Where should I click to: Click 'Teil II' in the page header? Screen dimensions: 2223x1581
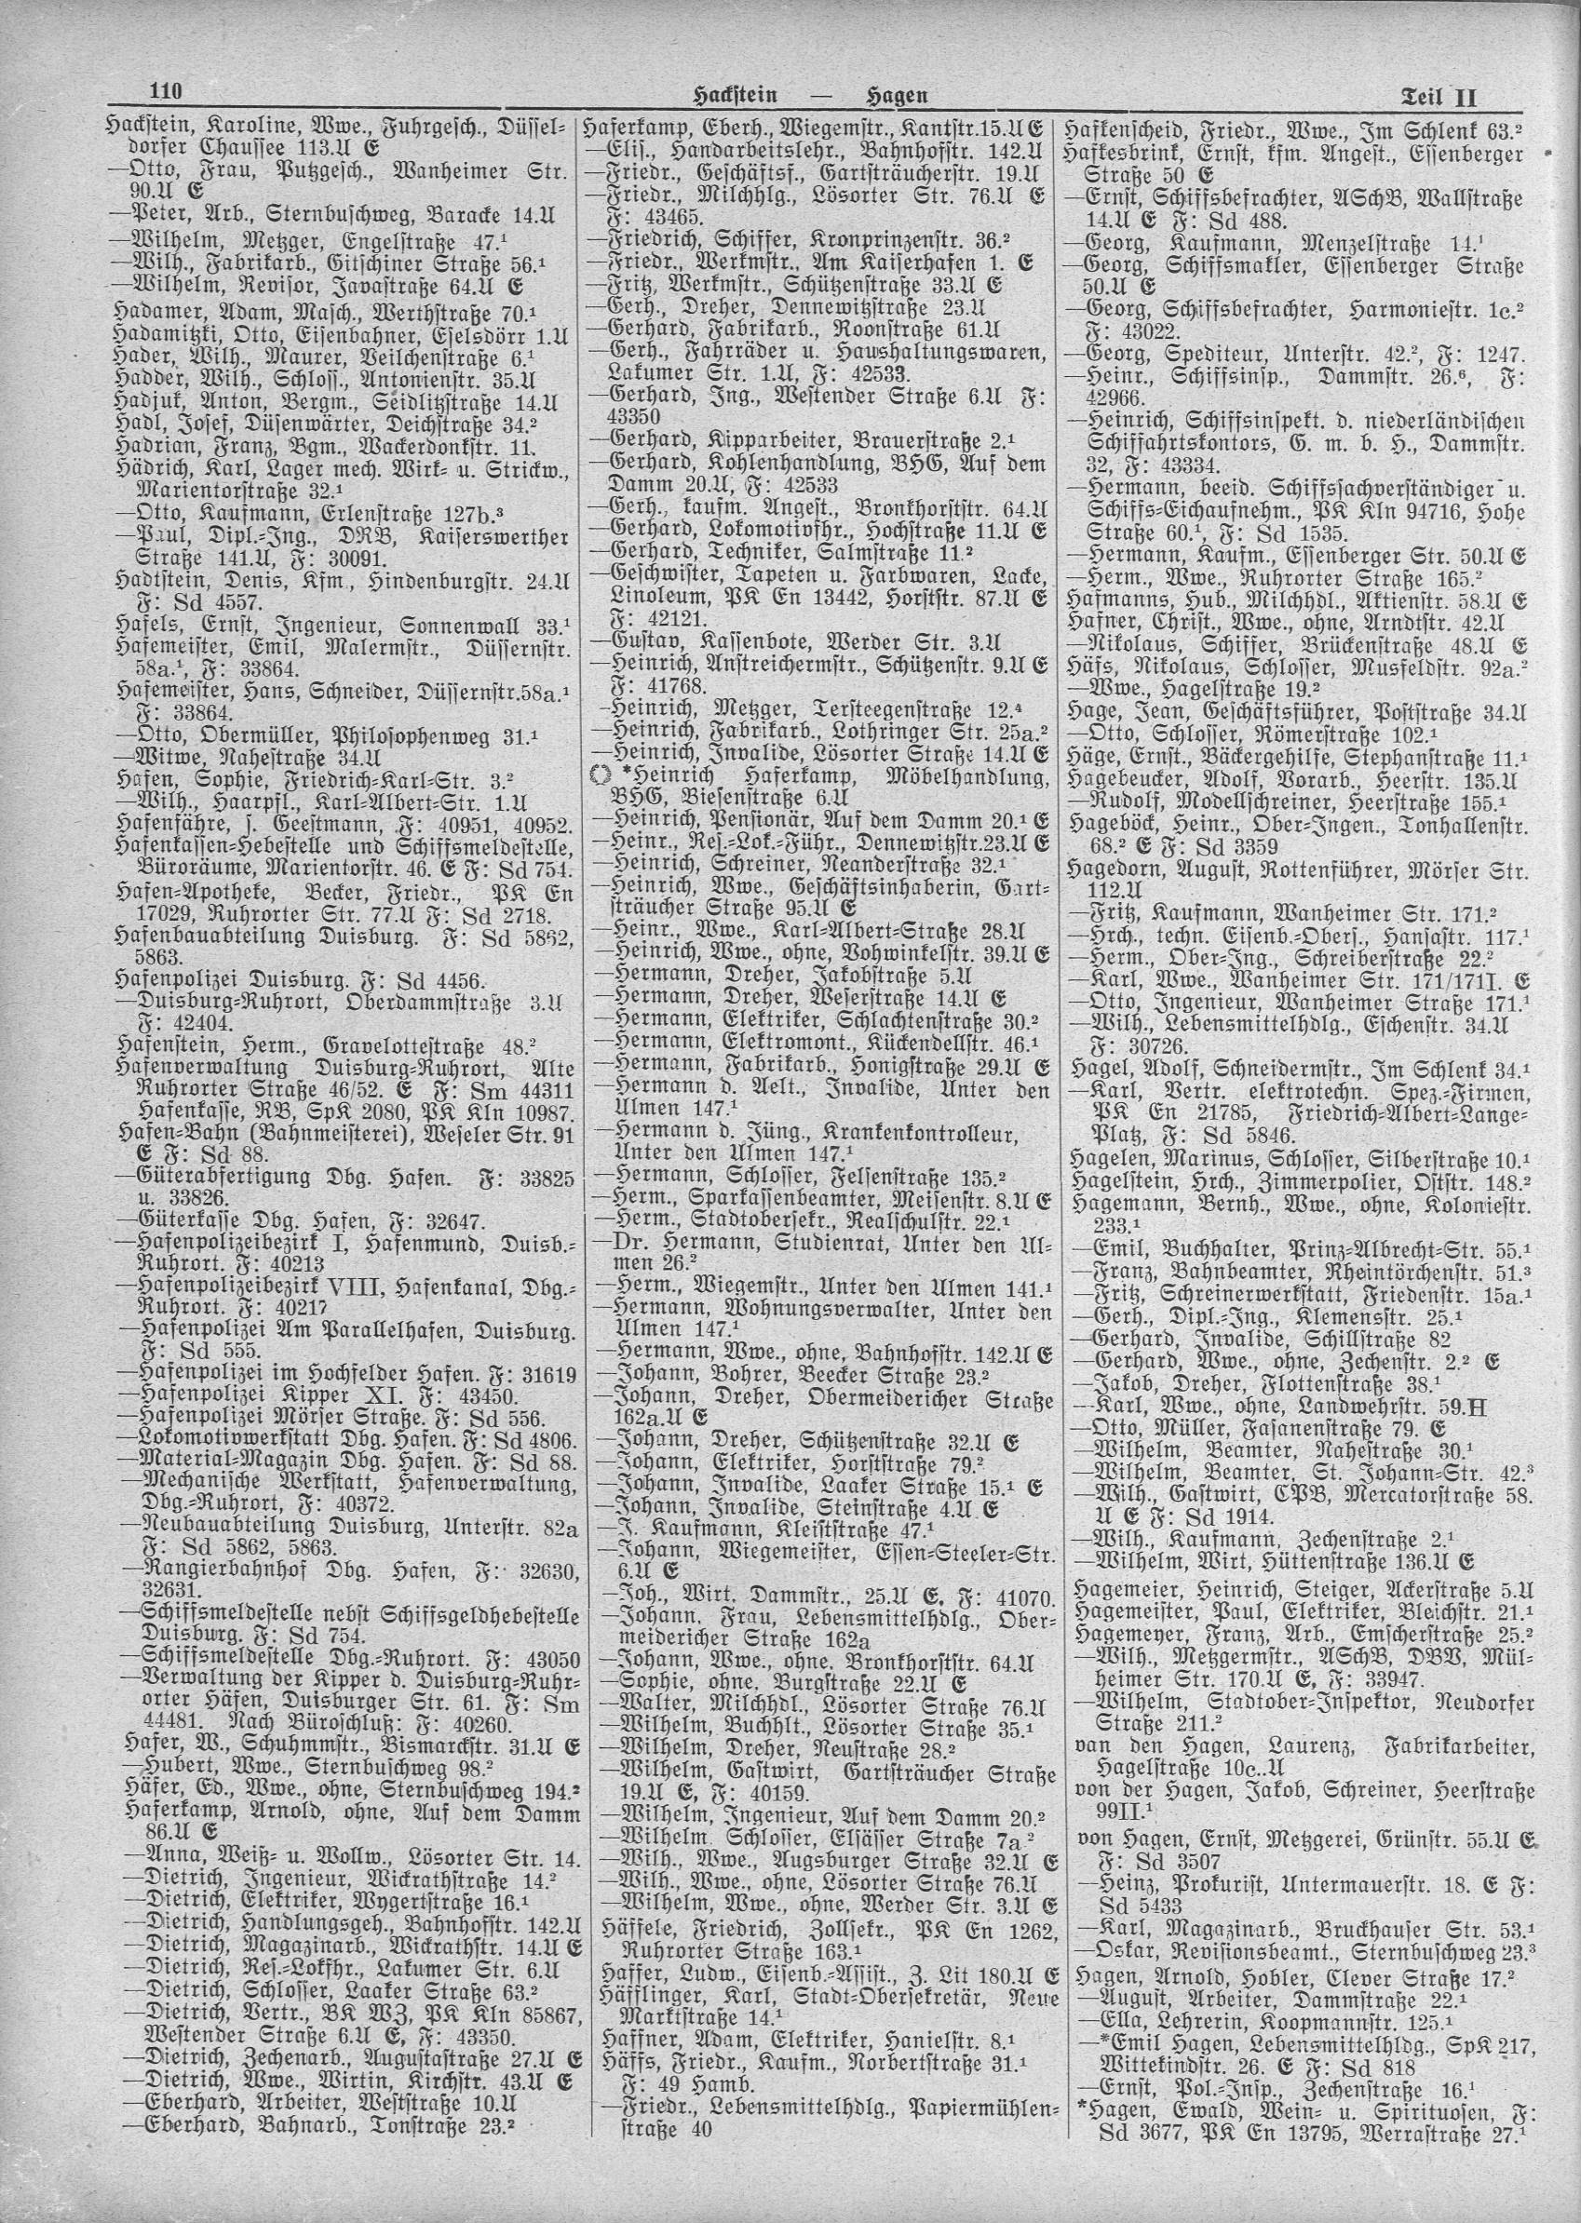coord(1438,98)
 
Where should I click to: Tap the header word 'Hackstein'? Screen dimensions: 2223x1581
coord(736,97)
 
